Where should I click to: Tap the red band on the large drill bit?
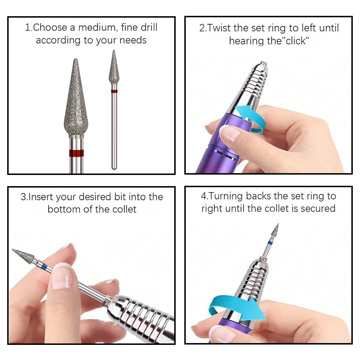click(76, 153)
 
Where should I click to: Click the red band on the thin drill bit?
click(114, 91)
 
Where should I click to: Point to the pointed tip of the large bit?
click(75, 61)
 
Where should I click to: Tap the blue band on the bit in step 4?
click(270, 243)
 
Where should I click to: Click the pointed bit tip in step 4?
click(277, 225)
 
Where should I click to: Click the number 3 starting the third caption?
click(23, 197)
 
